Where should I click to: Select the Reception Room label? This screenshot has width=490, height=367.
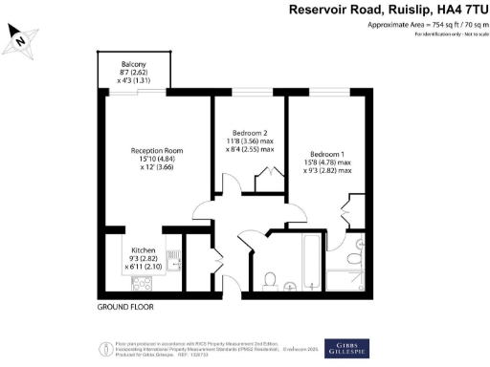(x=157, y=151)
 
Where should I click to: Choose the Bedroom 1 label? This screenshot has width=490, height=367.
(x=327, y=153)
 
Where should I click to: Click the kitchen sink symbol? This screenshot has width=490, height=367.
(x=172, y=259)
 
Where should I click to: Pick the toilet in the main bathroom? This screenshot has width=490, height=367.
(x=271, y=280)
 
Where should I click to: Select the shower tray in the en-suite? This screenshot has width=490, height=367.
(x=342, y=279)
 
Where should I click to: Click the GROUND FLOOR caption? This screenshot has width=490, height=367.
(x=125, y=308)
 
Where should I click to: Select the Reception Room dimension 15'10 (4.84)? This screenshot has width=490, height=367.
(x=157, y=160)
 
